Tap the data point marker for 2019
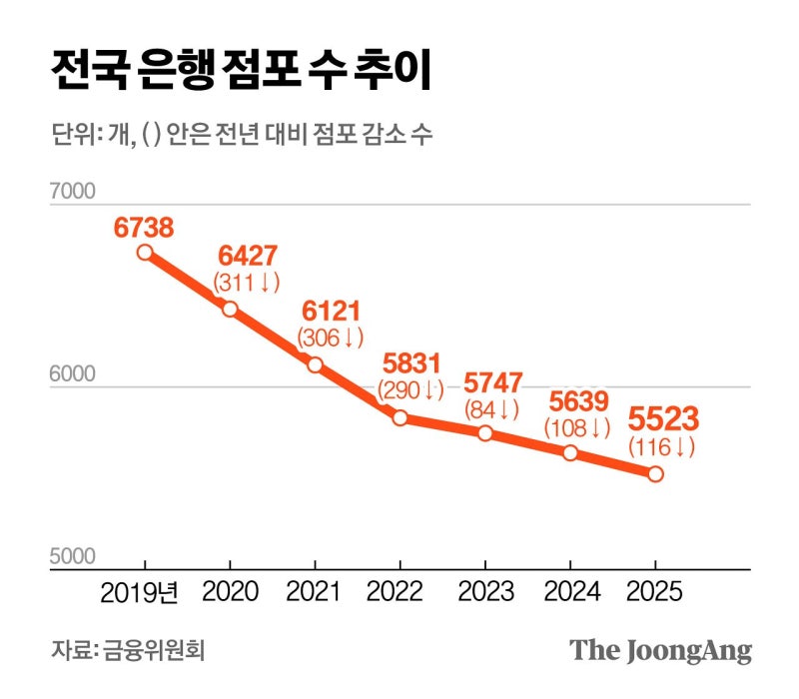click(145, 253)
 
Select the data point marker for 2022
click(399, 417)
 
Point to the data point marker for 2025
click(655, 473)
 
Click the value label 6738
click(144, 228)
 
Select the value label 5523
click(662, 418)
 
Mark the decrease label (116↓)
click(661, 447)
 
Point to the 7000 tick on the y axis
click(71, 192)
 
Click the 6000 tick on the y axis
click(71, 375)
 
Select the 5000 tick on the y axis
click(71, 557)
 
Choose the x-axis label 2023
click(486, 592)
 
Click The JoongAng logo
click(660, 651)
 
